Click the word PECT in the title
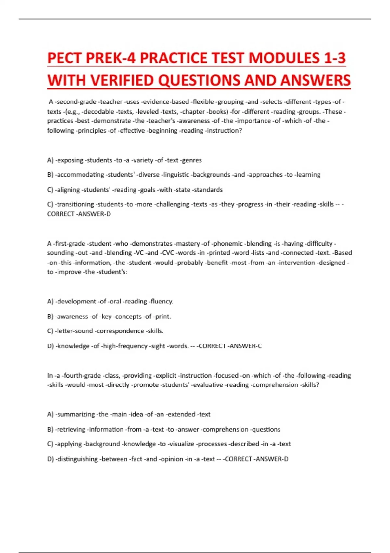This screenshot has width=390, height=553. [64, 59]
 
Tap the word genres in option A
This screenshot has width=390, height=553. [192, 160]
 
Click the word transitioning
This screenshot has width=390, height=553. [76, 204]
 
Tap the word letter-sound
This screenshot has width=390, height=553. [75, 331]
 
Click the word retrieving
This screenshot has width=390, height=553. [71, 429]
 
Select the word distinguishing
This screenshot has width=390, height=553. [77, 459]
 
